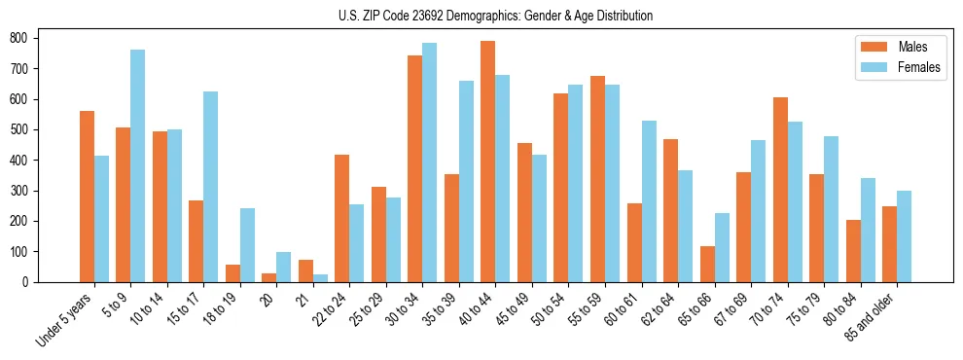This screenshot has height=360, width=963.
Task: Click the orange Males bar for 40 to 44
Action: point(487,162)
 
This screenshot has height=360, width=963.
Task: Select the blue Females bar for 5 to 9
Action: point(137,165)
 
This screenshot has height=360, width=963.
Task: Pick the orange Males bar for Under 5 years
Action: point(87,197)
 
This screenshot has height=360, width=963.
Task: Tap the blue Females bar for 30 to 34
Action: point(429,162)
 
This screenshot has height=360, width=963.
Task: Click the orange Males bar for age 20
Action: point(268,277)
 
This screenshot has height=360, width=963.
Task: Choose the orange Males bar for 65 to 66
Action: point(706,264)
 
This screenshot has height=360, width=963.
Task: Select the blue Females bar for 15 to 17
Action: point(210,187)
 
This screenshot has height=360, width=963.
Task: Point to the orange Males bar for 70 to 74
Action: point(779,190)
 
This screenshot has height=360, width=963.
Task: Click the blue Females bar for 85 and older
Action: point(904,236)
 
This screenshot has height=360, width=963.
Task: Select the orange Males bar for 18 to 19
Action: point(232,273)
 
